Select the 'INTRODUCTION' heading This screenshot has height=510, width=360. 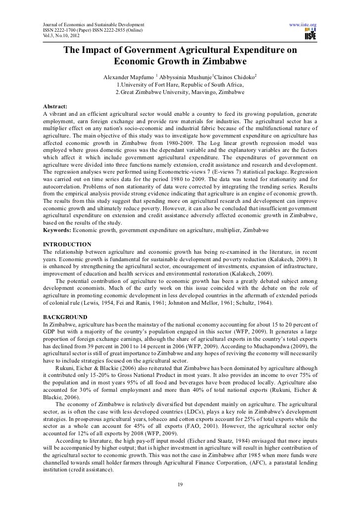pyautogui.click(x=67, y=244)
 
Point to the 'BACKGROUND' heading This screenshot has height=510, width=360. pyautogui.click(x=65, y=317)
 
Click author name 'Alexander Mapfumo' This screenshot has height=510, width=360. pyautogui.click(x=128, y=78)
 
